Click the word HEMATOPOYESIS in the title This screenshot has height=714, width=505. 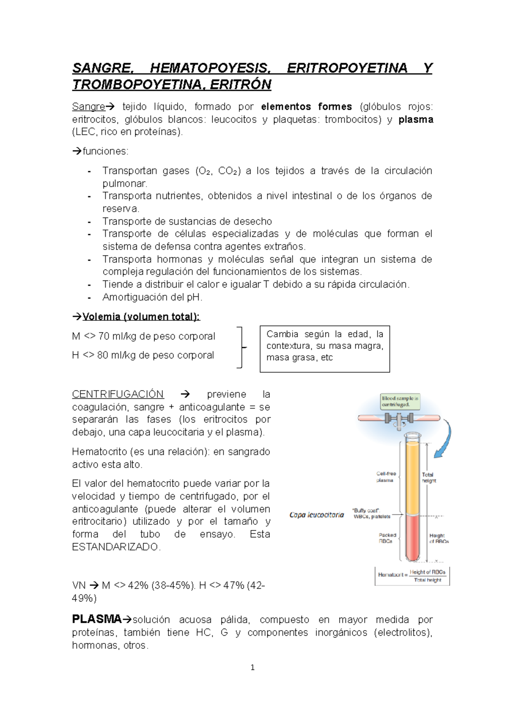pos(209,68)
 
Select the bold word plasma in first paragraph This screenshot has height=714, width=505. pos(416,119)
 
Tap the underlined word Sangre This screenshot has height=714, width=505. pos(88,106)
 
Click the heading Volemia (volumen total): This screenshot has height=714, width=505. pos(141,317)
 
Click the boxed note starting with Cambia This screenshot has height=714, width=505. pos(324,349)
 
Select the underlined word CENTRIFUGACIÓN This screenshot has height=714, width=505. pos(118,394)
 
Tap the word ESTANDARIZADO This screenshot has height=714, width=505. pos(116,547)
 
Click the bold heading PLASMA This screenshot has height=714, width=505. pos(96,619)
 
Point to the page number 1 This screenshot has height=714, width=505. pos(252,667)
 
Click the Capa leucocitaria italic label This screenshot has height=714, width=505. pos(316,515)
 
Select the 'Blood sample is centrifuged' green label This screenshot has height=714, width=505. pos(400,402)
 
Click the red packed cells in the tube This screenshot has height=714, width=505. pos(413,538)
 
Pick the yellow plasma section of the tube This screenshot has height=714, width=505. pos(413,479)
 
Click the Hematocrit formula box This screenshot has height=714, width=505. pos(412,576)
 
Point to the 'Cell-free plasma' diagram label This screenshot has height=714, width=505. pos(385,477)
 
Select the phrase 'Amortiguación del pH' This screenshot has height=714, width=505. pos(152,297)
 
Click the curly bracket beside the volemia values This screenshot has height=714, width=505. pos(240,347)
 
